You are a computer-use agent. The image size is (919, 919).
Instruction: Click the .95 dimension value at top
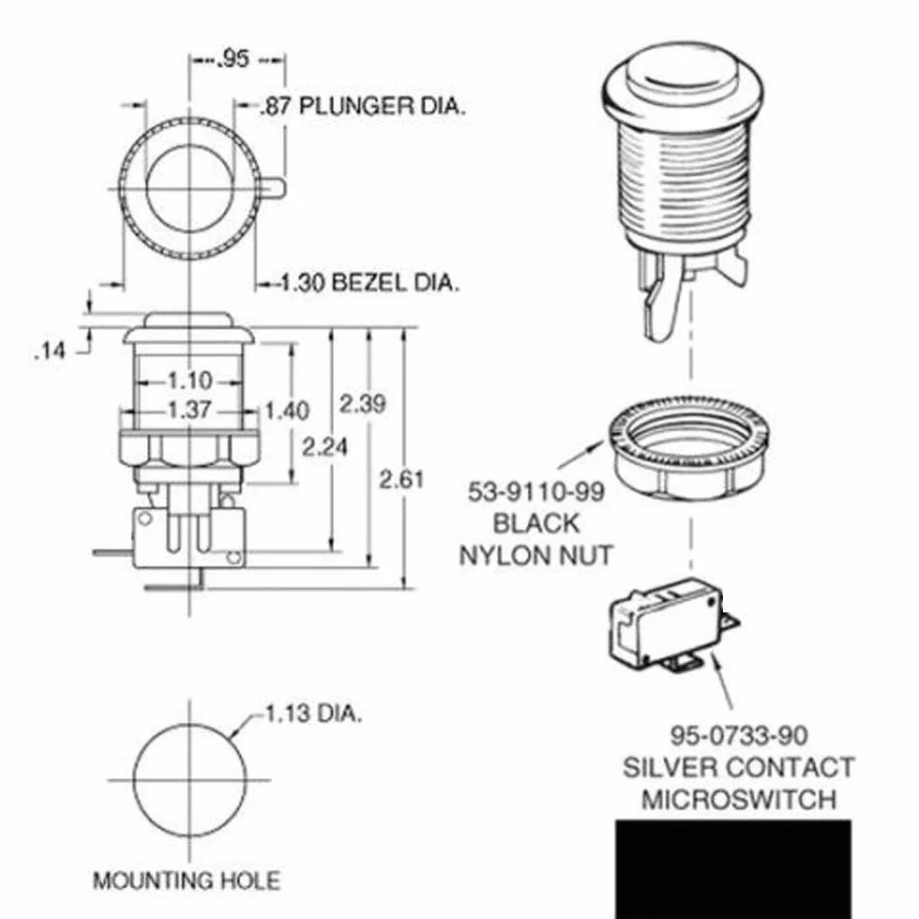234,58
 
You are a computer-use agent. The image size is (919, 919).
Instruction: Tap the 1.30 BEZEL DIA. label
368,282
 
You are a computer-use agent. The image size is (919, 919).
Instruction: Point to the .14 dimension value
50,351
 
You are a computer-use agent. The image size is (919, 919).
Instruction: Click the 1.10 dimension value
189,381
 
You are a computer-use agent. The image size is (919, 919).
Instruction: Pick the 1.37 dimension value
189,410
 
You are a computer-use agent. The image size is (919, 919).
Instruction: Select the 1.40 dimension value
287,411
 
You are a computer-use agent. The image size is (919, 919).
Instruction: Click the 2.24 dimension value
324,447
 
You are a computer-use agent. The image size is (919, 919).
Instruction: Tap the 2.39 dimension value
363,404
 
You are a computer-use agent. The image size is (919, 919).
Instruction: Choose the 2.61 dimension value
401,479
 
